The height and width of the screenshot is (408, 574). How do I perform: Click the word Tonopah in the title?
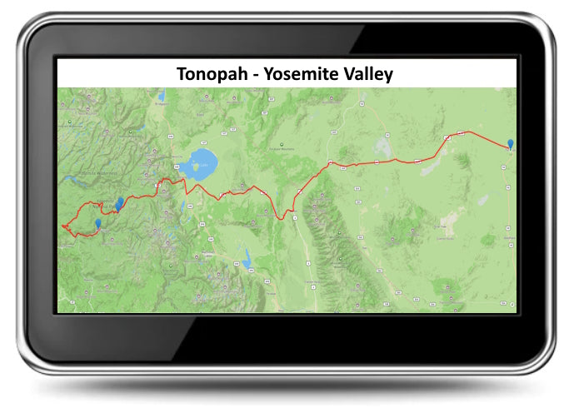[212, 73]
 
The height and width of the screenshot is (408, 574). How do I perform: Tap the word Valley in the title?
[368, 73]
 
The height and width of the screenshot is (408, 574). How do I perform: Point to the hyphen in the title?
[253, 74]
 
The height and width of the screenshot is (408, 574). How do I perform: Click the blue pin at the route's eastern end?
[510, 144]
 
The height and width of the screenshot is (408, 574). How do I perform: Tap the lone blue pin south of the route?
[98, 223]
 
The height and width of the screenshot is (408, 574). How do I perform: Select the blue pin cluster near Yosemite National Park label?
[120, 202]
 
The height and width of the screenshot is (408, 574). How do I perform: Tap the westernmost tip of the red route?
[62, 226]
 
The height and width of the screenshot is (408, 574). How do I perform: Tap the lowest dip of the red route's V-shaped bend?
[283, 218]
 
